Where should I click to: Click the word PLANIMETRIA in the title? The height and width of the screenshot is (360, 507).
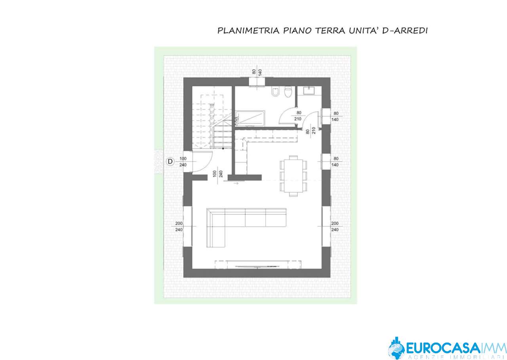click(x=248, y=31)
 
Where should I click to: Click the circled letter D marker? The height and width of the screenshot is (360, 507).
click(x=170, y=161)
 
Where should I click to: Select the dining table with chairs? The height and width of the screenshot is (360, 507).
click(x=294, y=176)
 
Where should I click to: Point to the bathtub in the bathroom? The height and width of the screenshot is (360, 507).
click(x=250, y=118)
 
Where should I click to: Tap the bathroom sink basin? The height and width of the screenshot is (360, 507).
click(x=309, y=91)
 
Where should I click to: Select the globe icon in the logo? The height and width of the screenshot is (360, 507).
click(x=396, y=349)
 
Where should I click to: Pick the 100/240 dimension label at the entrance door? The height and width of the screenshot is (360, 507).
click(x=183, y=162)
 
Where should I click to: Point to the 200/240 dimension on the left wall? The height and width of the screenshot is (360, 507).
click(x=179, y=226)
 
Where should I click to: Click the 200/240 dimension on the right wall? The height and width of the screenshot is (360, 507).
click(x=335, y=226)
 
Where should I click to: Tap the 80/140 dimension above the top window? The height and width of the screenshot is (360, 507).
click(x=257, y=72)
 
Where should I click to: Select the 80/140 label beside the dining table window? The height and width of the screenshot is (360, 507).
click(x=335, y=161)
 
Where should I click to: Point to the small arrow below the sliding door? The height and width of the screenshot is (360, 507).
click(x=236, y=184)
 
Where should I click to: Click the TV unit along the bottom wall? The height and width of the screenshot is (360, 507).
click(x=258, y=264)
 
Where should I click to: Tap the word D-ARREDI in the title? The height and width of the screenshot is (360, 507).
click(x=405, y=31)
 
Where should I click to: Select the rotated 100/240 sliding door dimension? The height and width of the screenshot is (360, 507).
click(x=218, y=174)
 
